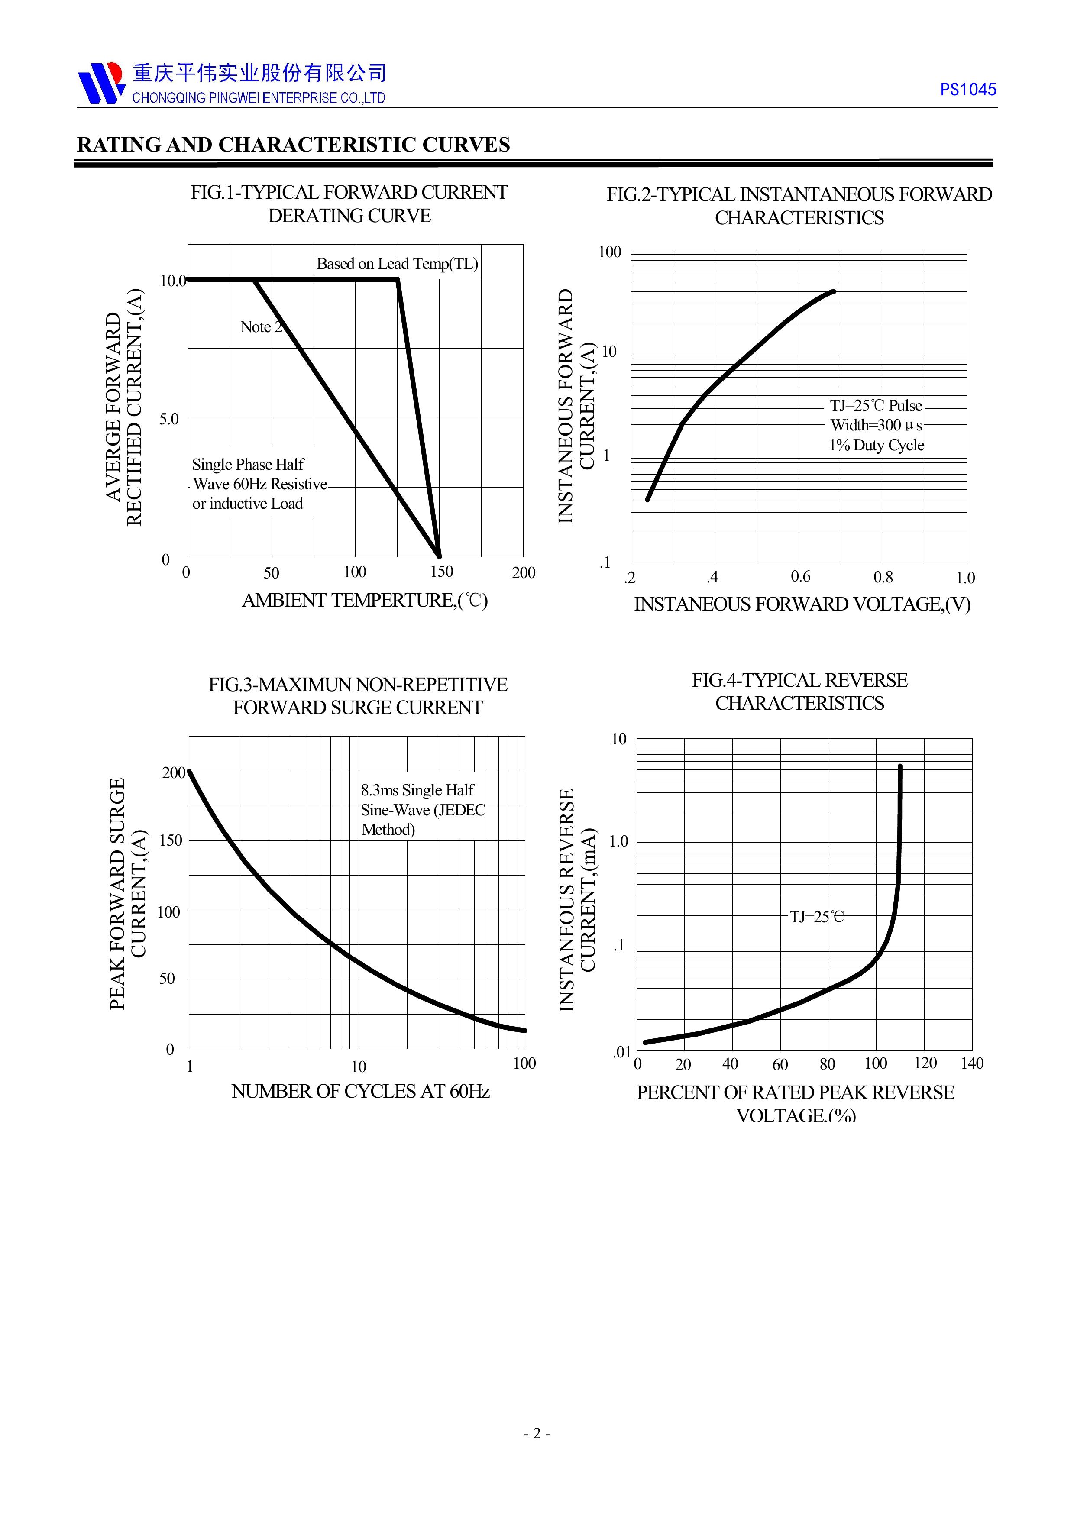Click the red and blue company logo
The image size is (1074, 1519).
100,84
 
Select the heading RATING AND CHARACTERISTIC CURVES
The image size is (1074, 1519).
293,145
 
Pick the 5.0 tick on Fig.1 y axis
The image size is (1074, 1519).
169,419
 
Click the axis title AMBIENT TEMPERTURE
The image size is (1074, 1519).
365,601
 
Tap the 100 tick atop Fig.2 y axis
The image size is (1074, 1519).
609,252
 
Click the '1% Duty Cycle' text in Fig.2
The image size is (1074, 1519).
876,445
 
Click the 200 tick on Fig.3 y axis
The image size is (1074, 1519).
173,773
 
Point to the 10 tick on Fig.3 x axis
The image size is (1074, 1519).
358,1067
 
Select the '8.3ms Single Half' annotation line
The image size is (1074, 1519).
417,791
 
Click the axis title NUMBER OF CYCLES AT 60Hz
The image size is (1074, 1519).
361,1092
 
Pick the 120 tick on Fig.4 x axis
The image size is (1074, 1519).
925,1063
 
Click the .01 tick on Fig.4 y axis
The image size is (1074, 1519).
621,1052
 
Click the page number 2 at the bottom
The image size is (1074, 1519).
537,1452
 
